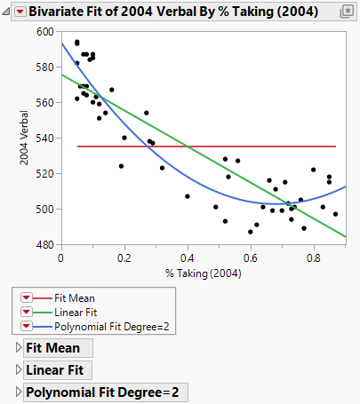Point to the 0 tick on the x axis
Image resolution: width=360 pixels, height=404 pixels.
pos(60,257)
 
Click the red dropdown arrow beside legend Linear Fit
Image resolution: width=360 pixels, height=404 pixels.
pos(25,313)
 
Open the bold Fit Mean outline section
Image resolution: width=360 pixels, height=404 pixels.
pos(52,348)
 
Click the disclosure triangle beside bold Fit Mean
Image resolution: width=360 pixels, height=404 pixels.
pos(19,348)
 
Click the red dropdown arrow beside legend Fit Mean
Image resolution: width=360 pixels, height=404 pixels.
pos(25,298)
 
